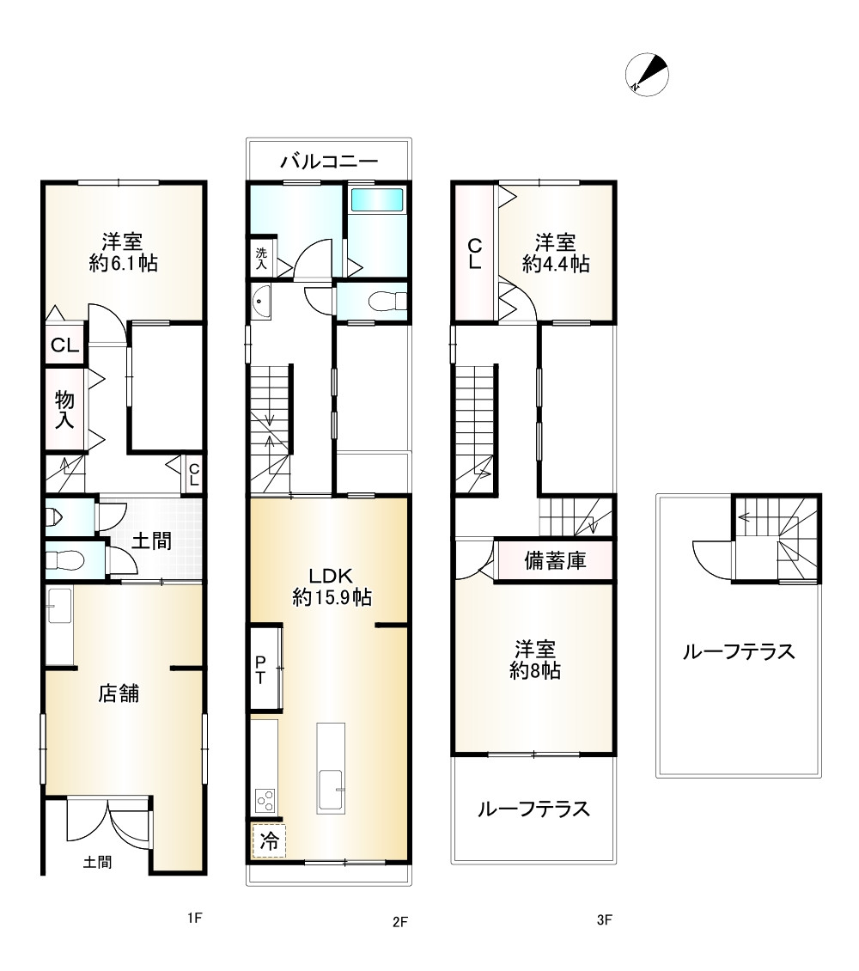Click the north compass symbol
point(647,74)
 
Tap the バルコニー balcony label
point(330,161)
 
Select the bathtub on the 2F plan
point(376,199)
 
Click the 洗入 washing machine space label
point(261,259)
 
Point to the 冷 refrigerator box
point(269,841)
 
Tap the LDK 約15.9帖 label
point(331,586)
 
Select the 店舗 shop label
point(119,693)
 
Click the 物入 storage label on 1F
point(65,409)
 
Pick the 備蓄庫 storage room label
point(555,561)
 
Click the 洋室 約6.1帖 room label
point(123,252)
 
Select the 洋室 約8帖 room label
point(534,658)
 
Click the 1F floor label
point(194,919)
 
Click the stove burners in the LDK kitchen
point(265,801)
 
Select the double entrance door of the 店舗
point(109,821)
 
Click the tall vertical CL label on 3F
point(473,254)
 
